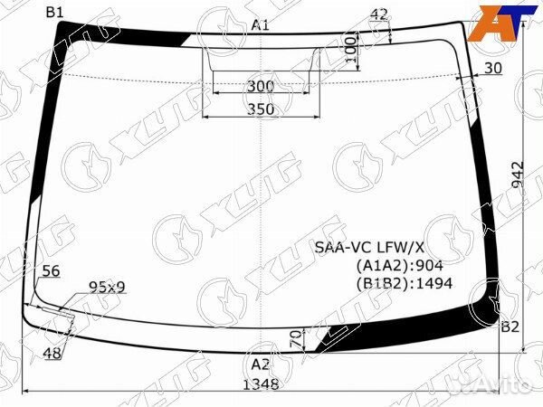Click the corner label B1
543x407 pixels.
click(x=55, y=13)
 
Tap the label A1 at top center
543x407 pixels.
click(x=261, y=25)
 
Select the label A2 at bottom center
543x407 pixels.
click(x=261, y=364)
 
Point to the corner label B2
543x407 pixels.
click(x=510, y=327)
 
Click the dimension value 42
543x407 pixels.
click(x=379, y=14)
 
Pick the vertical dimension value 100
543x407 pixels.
click(x=351, y=50)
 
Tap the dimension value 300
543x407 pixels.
click(x=261, y=86)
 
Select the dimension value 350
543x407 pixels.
click(x=261, y=109)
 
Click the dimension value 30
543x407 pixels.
click(x=493, y=68)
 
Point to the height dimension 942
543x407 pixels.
click(x=519, y=175)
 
